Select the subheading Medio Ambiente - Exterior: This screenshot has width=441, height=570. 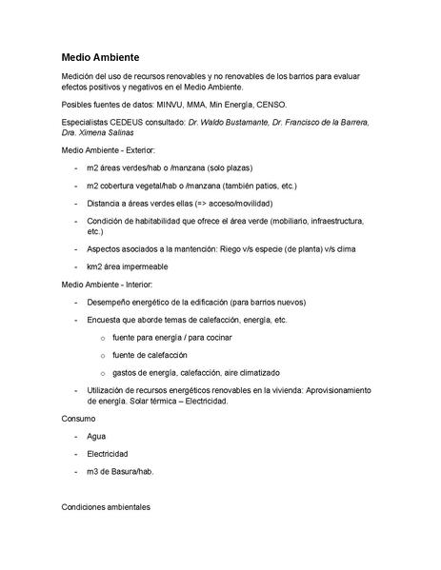point(109,151)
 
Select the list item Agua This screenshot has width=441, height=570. point(96,436)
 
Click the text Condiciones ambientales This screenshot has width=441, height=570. point(107,506)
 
